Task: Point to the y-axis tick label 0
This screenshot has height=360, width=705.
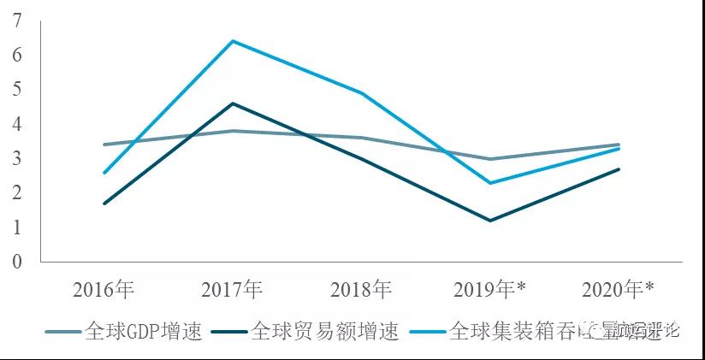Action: click(x=17, y=262)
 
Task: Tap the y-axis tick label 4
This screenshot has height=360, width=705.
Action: click(x=17, y=124)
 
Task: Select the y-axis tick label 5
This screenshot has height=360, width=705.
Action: click(x=17, y=89)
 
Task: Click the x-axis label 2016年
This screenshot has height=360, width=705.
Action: click(x=104, y=290)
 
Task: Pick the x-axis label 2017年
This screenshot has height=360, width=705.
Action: click(x=233, y=290)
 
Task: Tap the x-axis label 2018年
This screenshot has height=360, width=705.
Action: click(x=362, y=290)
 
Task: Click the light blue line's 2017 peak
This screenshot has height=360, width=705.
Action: click(x=233, y=41)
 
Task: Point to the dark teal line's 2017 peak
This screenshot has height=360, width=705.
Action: click(x=233, y=103)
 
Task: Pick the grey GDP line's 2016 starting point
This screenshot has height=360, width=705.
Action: click(x=104, y=145)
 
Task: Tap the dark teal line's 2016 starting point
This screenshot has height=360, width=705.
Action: click(x=104, y=204)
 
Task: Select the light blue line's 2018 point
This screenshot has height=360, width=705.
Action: click(x=362, y=93)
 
